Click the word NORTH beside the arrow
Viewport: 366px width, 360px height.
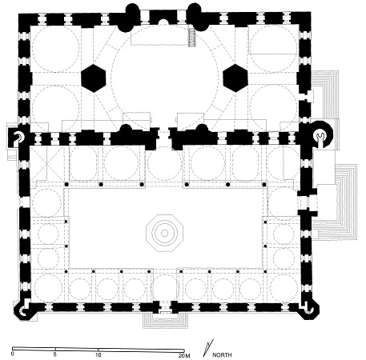pyautogui.click(x=222, y=355)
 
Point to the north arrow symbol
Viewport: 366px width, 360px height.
pyautogui.click(x=208, y=348)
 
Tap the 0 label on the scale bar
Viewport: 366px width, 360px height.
pyautogui.click(x=12, y=354)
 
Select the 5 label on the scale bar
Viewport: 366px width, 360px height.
pyautogui.click(x=55, y=354)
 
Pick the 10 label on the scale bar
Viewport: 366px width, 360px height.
pyautogui.click(x=99, y=354)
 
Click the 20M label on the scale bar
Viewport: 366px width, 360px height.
pyautogui.click(x=184, y=355)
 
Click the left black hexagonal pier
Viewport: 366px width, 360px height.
pyautogui.click(x=94, y=78)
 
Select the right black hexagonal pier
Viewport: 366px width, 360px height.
pyautogui.click(x=235, y=78)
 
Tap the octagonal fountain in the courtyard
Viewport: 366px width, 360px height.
pyautogui.click(x=165, y=233)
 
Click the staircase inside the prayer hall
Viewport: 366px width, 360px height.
pyautogui.click(x=192, y=37)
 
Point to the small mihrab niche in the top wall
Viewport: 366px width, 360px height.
pyautogui.click(x=163, y=22)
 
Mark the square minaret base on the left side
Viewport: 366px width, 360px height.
pyautogui.click(x=17, y=138)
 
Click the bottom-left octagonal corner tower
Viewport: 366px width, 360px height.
pyautogui.click(x=23, y=310)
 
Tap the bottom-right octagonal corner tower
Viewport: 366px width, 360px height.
pyautogui.click(x=309, y=309)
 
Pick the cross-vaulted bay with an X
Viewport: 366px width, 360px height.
pyautogui.click(x=46, y=162)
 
